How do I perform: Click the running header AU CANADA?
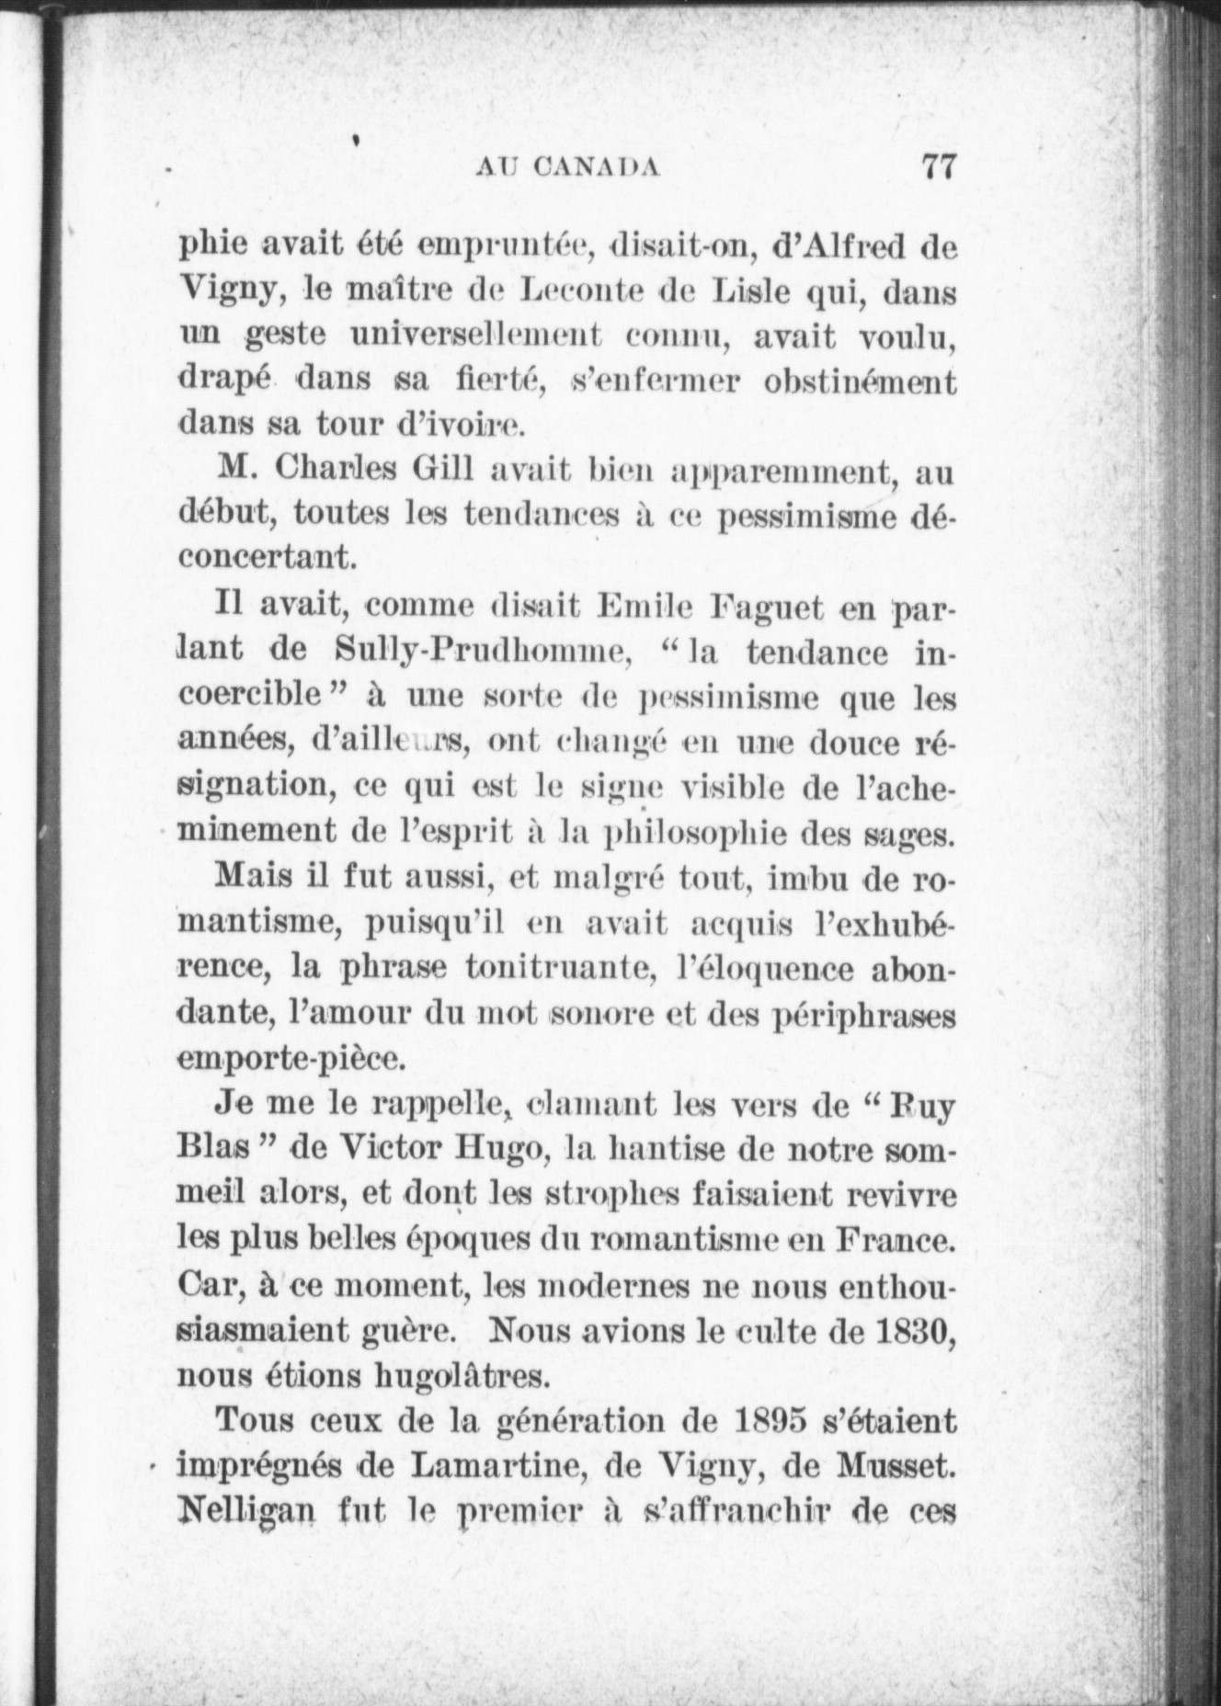pos(568,168)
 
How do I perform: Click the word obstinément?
pos(860,381)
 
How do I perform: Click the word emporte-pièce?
pos(291,1059)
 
